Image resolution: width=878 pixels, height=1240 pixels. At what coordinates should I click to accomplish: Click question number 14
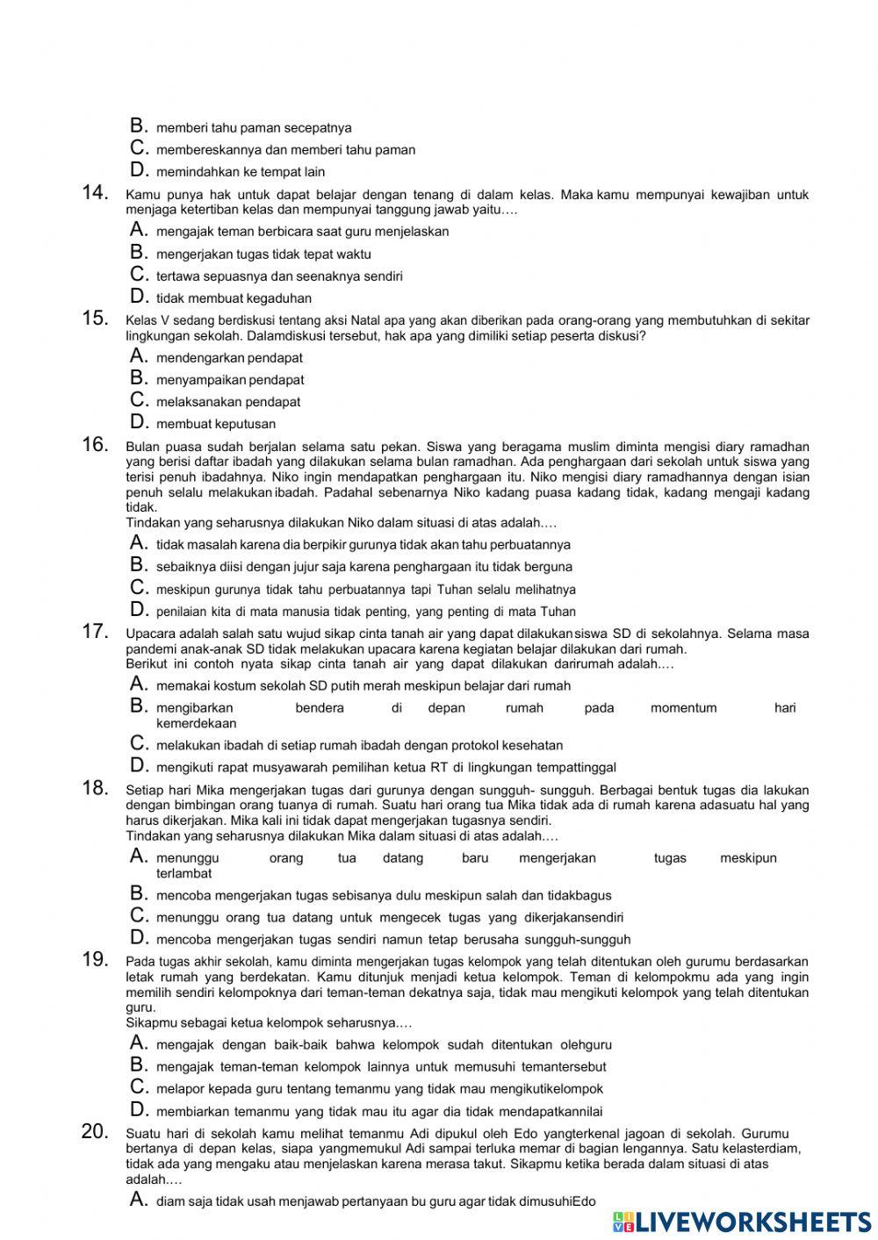pyautogui.click(x=94, y=193)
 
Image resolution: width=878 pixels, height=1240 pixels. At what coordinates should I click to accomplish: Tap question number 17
pyautogui.click(x=94, y=631)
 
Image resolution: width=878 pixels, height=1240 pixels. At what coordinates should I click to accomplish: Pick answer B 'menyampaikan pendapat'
pyautogui.click(x=230, y=380)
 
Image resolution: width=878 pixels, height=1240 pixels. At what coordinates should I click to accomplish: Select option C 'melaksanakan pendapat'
pyautogui.click(x=228, y=402)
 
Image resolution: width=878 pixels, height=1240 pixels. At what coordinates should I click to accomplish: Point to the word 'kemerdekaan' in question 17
pyautogui.click(x=196, y=723)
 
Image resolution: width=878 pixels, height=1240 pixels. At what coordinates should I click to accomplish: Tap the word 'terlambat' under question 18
pyautogui.click(x=184, y=873)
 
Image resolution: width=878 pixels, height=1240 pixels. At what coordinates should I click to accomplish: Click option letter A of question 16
pyautogui.click(x=139, y=543)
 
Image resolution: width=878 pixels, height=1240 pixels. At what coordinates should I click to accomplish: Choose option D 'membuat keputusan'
pyautogui.click(x=216, y=424)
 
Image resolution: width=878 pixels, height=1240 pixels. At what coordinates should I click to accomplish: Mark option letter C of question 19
pyautogui.click(x=139, y=1086)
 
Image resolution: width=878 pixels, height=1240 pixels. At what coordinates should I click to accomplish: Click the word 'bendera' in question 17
pyautogui.click(x=320, y=707)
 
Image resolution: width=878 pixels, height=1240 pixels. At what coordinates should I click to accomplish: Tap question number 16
pyautogui.click(x=94, y=444)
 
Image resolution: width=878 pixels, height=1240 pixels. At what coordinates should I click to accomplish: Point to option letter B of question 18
pyautogui.click(x=139, y=894)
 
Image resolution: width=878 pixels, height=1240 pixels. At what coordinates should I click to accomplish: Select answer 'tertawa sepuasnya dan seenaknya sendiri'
pyautogui.click(x=279, y=276)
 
